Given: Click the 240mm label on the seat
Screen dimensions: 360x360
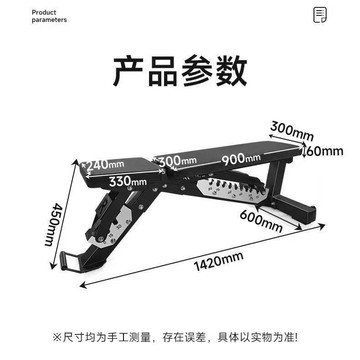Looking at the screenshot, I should [105, 164].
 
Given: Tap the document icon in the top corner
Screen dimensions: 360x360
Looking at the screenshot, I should [320, 15].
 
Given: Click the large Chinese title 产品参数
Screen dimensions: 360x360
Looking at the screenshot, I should [180, 72].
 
